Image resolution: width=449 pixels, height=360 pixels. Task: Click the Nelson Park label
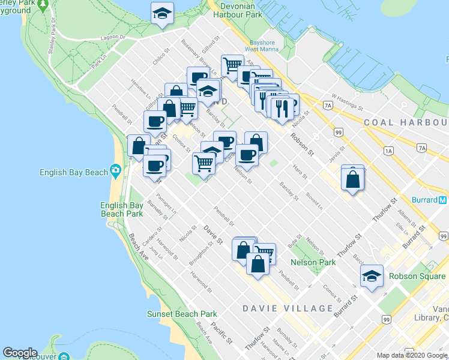[x=313, y=262]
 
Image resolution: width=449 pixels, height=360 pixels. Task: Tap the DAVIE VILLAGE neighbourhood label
[x=288, y=308]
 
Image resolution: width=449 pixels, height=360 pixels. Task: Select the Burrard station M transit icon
[x=442, y=200]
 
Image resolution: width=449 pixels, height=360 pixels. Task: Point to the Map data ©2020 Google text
[x=412, y=355]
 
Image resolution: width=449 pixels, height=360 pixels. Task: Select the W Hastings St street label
[x=348, y=101]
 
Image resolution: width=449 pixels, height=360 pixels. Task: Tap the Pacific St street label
[x=221, y=332]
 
